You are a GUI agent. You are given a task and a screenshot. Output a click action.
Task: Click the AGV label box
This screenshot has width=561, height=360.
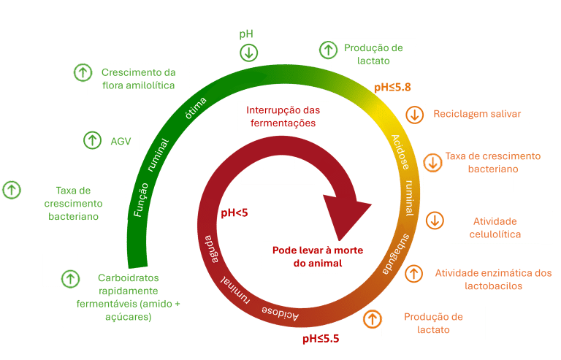point(121,141)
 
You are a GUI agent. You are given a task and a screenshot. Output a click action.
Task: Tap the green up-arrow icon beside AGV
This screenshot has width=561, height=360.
point(92,140)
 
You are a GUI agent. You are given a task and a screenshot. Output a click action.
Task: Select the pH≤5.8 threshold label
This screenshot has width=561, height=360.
point(392,88)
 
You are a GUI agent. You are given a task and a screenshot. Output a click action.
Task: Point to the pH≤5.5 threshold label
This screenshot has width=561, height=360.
point(321,339)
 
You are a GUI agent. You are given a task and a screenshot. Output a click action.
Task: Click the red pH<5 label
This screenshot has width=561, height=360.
point(234,213)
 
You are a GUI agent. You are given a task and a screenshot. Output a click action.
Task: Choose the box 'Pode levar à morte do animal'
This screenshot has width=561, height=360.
point(318,256)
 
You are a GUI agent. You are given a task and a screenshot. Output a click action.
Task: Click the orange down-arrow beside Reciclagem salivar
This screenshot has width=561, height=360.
point(415,115)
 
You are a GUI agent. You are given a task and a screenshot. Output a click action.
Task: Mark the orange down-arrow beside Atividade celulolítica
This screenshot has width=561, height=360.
point(435,221)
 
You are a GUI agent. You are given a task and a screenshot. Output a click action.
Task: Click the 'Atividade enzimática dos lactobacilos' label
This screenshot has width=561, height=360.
point(493,279)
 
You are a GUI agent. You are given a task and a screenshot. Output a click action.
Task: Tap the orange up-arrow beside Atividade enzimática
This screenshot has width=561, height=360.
point(413,274)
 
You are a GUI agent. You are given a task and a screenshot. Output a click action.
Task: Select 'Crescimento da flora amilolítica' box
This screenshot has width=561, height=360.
point(138,79)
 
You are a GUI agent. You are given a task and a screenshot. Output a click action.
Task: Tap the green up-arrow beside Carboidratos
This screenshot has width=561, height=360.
point(70,278)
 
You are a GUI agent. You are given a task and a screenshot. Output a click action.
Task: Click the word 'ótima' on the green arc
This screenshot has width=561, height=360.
point(196,107)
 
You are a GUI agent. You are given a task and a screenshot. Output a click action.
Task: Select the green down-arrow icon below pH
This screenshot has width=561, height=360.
point(249,53)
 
